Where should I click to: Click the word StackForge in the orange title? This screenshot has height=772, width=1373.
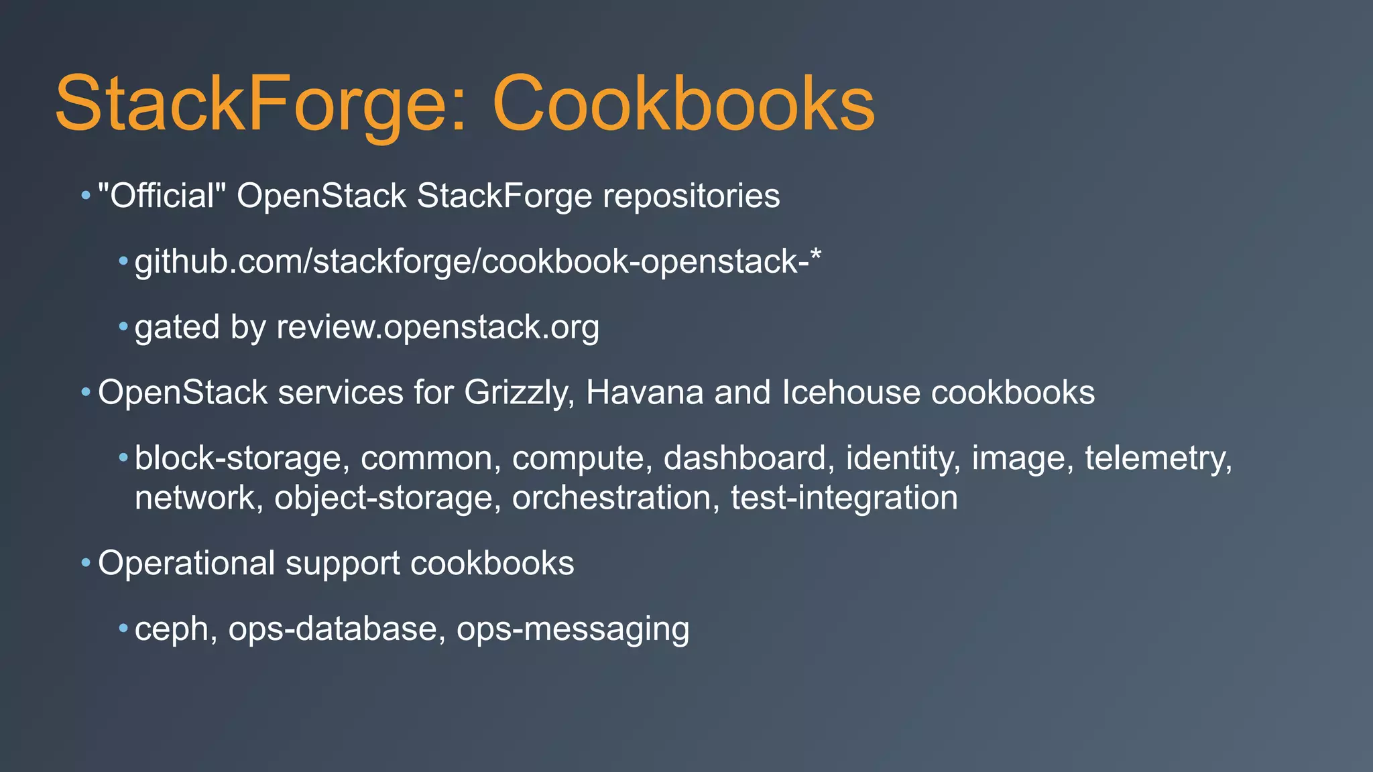click(251, 105)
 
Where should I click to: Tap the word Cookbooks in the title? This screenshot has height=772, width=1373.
click(683, 105)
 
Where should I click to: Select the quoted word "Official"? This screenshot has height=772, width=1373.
click(162, 196)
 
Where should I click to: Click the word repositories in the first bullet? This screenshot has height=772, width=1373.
click(691, 196)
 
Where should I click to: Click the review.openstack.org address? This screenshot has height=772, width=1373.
click(438, 327)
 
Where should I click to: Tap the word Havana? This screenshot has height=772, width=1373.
click(644, 393)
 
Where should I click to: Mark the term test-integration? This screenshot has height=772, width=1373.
click(844, 498)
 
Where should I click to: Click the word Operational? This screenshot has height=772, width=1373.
click(186, 564)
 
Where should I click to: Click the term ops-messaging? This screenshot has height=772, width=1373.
click(573, 629)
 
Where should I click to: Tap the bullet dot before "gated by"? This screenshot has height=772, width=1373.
click(123, 327)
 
